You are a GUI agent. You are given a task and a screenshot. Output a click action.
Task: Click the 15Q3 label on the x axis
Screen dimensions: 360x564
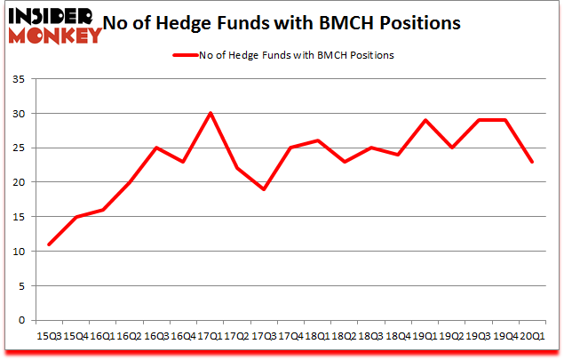(49, 336)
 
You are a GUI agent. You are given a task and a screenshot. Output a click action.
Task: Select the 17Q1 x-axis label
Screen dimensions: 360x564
(211, 336)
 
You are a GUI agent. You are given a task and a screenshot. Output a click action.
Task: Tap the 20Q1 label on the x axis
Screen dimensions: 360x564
(533, 336)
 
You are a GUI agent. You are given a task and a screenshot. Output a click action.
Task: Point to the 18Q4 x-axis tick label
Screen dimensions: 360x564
(399, 336)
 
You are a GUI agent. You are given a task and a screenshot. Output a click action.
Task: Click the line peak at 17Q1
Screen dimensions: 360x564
(211, 113)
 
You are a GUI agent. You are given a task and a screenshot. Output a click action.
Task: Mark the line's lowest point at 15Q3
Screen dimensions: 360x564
(49, 244)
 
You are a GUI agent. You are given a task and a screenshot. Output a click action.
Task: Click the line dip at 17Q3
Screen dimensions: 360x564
(264, 189)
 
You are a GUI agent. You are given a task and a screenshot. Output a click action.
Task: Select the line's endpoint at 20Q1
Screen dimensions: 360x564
(533, 162)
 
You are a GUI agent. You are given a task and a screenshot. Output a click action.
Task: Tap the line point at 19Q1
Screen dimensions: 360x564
(425, 120)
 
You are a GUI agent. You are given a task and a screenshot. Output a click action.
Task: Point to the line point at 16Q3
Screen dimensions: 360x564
(156, 148)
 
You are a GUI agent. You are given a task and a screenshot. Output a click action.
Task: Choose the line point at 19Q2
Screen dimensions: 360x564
(452, 148)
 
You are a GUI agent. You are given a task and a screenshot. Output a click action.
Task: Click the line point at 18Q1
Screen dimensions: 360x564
(318, 140)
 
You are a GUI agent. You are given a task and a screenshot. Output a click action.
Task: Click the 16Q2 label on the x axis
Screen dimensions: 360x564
(130, 336)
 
